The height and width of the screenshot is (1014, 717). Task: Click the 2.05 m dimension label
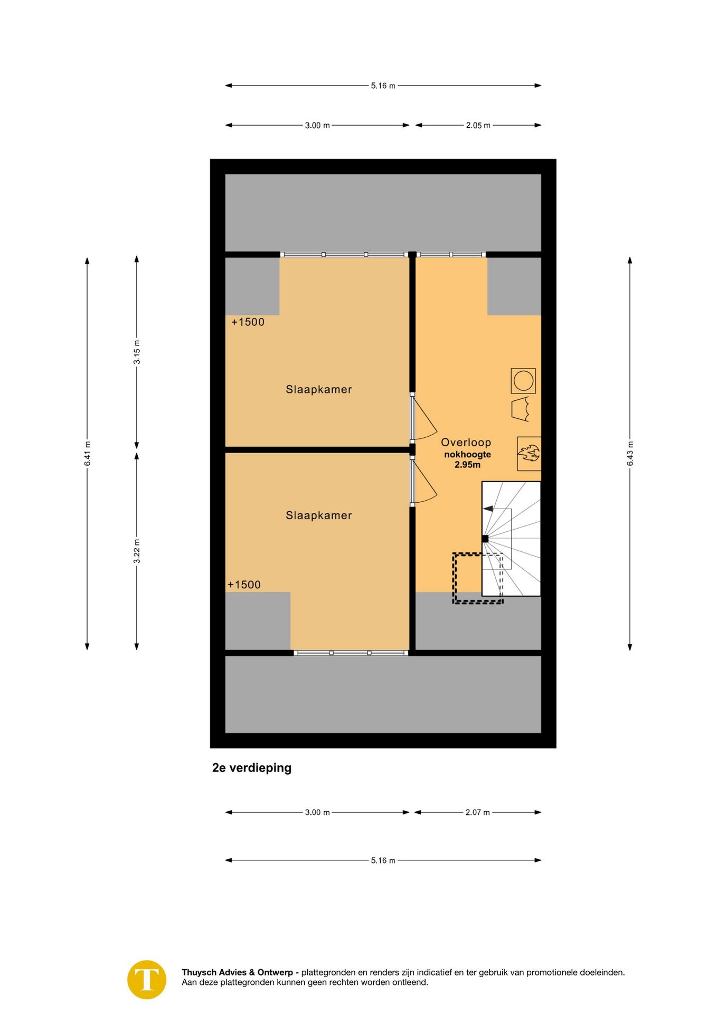click(478, 125)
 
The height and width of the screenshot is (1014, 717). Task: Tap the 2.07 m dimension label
click(477, 812)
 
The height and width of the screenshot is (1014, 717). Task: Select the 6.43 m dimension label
click(630, 454)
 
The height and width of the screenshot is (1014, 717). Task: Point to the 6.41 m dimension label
click(88, 454)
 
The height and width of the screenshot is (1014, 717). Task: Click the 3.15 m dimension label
click(137, 352)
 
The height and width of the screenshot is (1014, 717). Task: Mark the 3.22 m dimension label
click(137, 551)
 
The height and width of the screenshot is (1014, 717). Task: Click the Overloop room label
click(466, 443)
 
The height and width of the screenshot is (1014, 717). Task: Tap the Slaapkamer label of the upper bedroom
click(318, 389)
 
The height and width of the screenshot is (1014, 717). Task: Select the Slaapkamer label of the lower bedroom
click(318, 515)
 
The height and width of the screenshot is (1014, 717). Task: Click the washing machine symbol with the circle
click(523, 381)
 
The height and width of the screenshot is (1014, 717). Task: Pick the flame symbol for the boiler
click(529, 453)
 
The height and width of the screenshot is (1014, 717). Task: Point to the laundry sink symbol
click(521, 410)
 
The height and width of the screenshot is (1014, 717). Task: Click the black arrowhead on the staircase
click(488, 509)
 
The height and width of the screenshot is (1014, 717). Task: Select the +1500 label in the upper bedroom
click(248, 322)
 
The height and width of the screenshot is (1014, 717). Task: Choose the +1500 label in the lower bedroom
click(244, 585)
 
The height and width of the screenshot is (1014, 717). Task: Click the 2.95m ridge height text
click(467, 465)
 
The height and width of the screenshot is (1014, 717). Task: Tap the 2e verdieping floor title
click(251, 768)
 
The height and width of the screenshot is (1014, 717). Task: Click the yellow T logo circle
click(147, 980)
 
